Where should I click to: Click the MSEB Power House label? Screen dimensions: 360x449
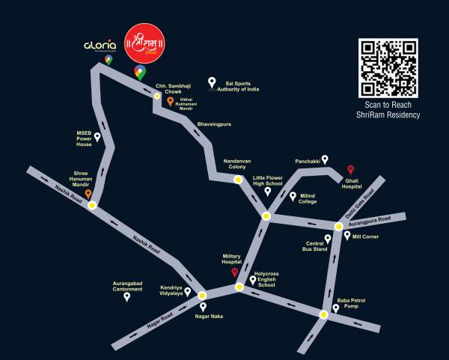point(84,138)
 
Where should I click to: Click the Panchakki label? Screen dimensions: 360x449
point(307,160)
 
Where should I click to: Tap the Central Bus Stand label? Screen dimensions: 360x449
point(314,247)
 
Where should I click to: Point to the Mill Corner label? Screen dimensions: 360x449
point(366,237)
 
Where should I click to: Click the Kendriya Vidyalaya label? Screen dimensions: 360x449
point(171,290)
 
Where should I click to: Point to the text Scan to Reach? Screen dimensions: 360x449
point(388,106)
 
